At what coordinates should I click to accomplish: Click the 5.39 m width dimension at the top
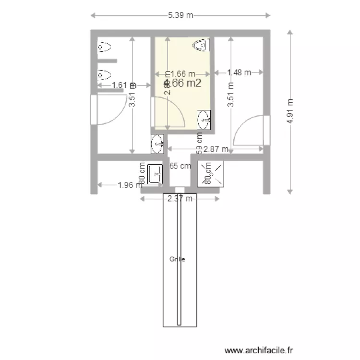[180, 15]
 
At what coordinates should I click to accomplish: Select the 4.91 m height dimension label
[290, 112]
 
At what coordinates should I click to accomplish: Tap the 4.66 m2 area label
[182, 83]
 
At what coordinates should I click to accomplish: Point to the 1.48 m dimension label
[239, 72]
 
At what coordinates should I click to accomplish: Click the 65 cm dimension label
[180, 166]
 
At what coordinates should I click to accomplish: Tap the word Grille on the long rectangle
[177, 259]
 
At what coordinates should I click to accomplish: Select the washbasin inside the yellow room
[204, 119]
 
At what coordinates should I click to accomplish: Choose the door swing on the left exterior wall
[109, 109]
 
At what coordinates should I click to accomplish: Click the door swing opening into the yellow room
[168, 113]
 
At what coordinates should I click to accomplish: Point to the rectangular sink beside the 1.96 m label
[155, 173]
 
